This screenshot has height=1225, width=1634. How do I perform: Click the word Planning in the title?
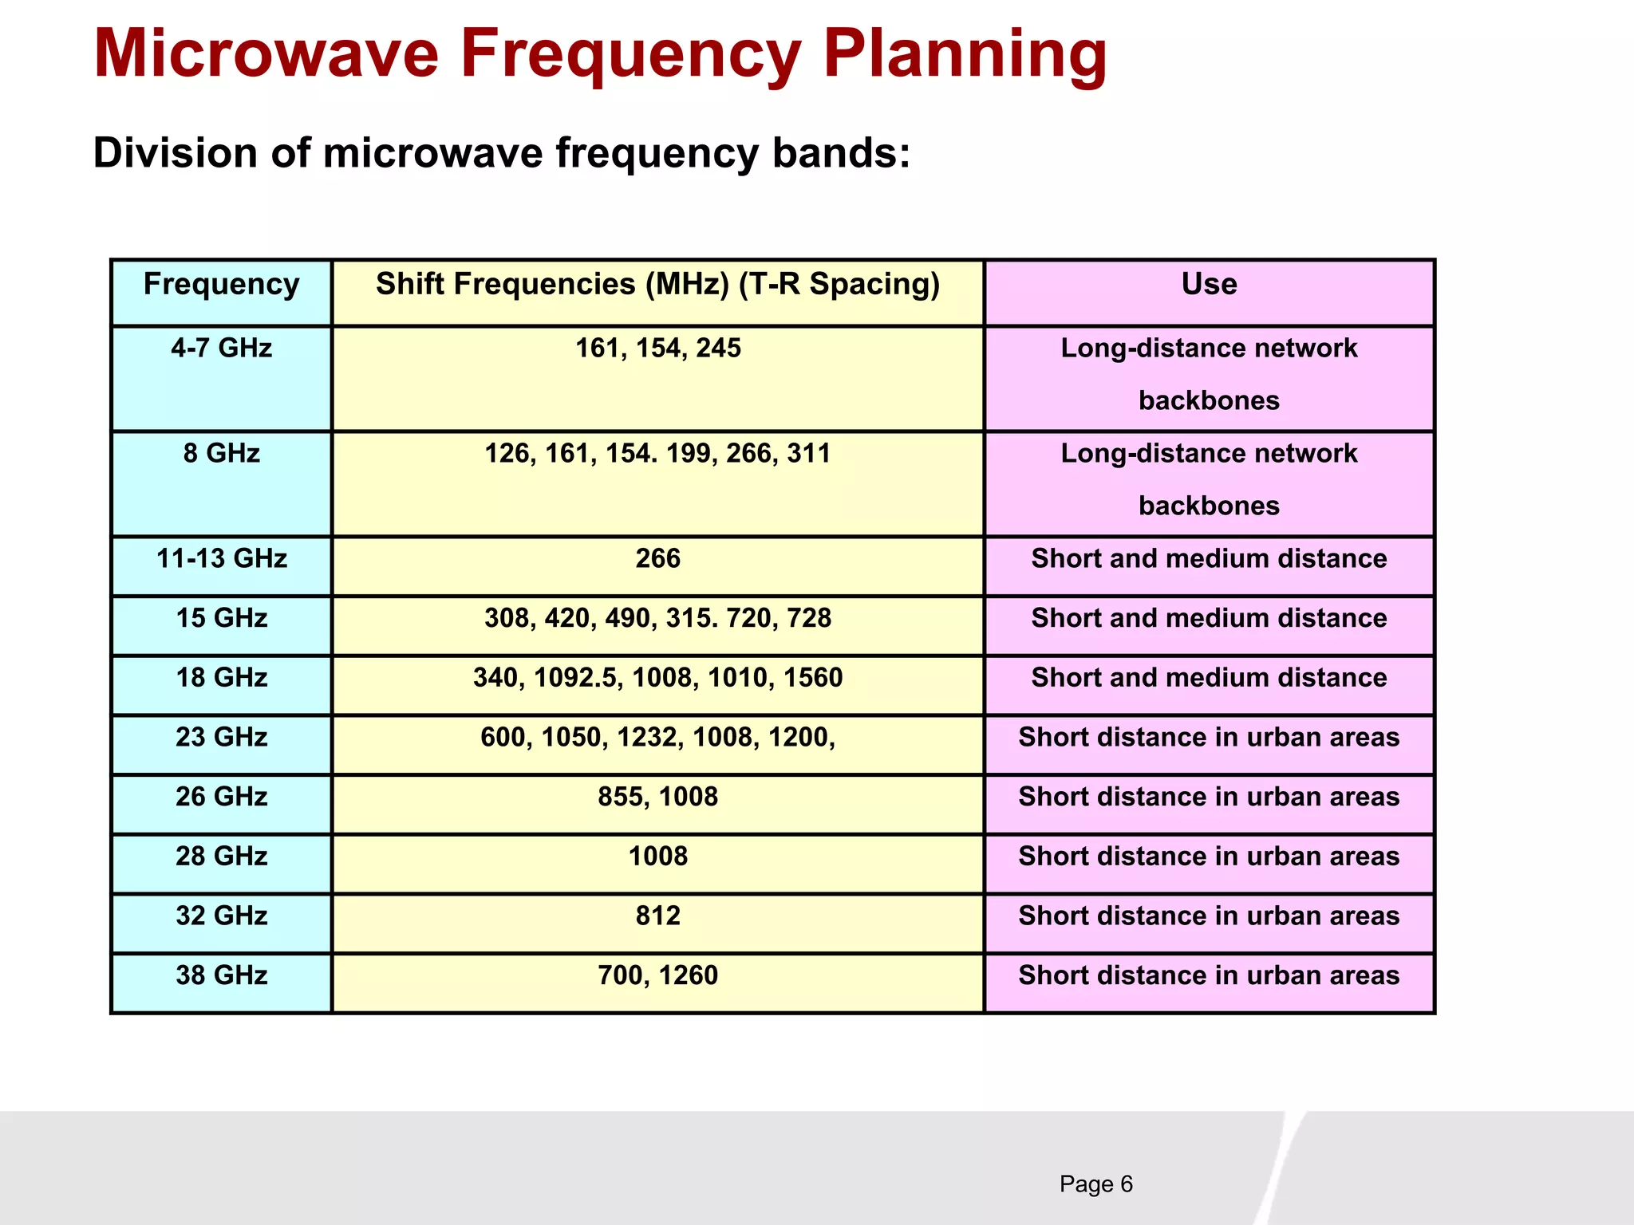[x=965, y=54]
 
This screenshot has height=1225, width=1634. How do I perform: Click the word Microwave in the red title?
[x=266, y=54]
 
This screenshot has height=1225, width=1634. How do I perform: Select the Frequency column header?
[x=222, y=285]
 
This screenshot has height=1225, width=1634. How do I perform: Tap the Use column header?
[x=1209, y=285]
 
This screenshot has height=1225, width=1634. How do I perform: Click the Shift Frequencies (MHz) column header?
[x=657, y=285]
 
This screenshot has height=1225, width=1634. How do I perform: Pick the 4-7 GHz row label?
[x=222, y=349]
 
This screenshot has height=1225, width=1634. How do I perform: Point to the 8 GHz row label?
[x=222, y=454]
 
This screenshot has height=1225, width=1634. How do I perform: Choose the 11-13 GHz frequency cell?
[x=222, y=559]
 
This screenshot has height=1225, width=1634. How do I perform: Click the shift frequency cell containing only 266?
[x=657, y=559]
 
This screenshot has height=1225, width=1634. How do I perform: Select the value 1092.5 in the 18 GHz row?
[x=577, y=678]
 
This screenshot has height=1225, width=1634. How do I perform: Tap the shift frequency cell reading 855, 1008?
[x=657, y=797]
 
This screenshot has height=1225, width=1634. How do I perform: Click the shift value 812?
[x=657, y=916]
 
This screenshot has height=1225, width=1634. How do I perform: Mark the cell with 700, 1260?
[x=657, y=975]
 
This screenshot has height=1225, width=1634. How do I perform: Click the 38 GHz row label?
[x=222, y=975]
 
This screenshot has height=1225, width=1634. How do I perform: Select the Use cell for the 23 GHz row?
[x=1209, y=738]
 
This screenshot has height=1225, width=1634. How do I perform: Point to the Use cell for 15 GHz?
[x=1209, y=619]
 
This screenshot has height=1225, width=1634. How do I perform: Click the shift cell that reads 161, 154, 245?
[x=657, y=349]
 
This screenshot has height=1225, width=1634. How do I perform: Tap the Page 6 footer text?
[x=1095, y=1184]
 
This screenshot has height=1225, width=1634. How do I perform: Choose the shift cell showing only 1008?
[x=657, y=857]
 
